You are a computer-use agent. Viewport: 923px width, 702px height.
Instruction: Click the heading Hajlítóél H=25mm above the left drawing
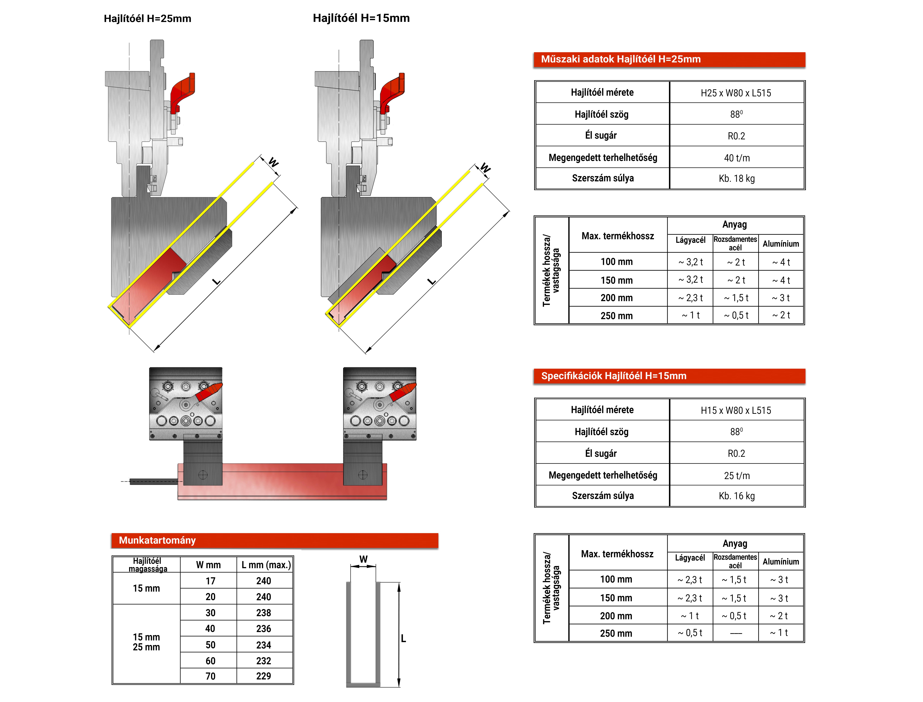[x=147, y=19]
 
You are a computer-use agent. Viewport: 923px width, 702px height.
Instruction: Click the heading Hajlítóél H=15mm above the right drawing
[x=361, y=18]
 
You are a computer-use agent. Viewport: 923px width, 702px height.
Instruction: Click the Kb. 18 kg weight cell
[x=737, y=178]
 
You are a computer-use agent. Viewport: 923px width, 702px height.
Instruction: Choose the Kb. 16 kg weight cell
[x=737, y=496]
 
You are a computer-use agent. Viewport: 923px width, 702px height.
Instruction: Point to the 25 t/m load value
[x=737, y=476]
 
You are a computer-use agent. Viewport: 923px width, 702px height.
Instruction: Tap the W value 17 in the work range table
[x=210, y=581]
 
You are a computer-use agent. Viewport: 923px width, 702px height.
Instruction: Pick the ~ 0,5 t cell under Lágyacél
[x=690, y=633]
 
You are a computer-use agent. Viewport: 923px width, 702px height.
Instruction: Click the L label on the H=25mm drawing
[x=216, y=281]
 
